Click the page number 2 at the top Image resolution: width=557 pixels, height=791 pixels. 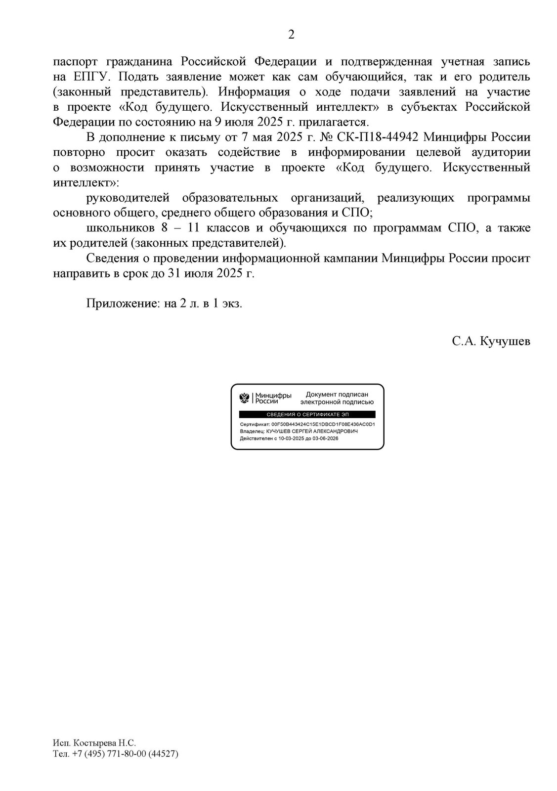pos(291,34)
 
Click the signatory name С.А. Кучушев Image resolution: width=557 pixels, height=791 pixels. pos(490,342)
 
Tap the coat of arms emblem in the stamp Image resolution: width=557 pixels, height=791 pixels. pos(245,397)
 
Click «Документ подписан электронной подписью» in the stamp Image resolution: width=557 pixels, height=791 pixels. pos(336,398)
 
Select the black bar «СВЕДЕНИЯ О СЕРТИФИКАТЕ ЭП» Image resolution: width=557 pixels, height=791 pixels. pos(307,414)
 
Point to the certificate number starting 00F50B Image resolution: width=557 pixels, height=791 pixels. pos(323,424)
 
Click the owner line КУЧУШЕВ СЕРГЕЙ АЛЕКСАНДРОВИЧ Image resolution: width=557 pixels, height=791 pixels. pos(312,431)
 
